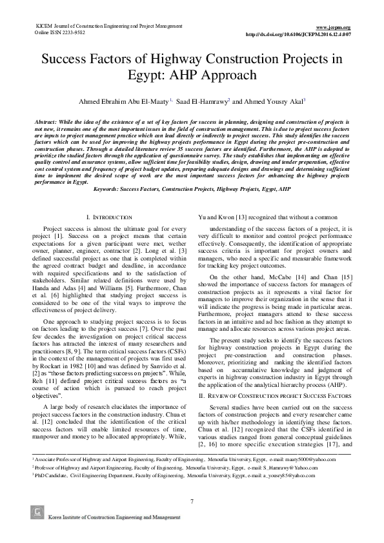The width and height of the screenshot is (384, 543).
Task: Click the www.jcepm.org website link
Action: point(336,27)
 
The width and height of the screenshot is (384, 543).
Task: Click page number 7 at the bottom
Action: point(192,501)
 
